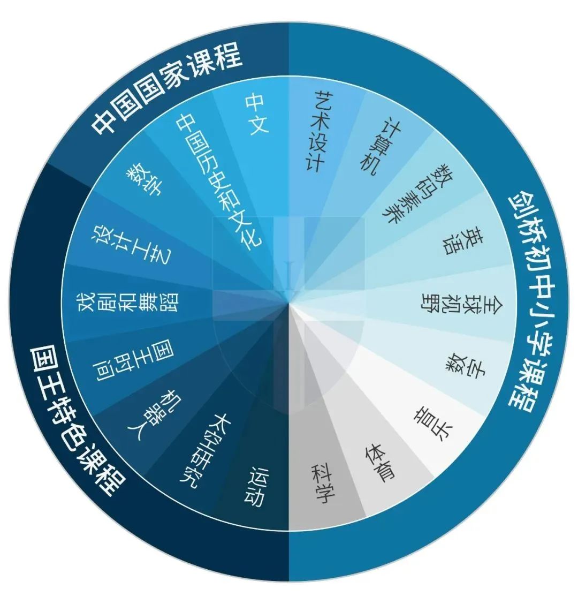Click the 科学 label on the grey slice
coord(323,484)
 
